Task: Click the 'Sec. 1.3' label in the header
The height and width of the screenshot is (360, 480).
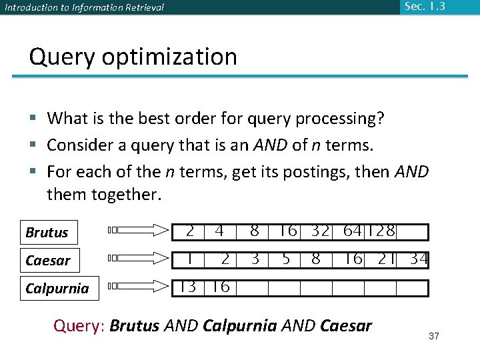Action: [x=423, y=7]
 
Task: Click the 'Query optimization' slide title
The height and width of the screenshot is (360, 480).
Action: [x=133, y=57]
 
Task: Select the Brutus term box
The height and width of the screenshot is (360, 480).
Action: [x=49, y=233]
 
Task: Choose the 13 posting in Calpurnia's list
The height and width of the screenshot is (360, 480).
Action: [x=188, y=287]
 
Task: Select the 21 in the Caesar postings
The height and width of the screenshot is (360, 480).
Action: [x=387, y=259]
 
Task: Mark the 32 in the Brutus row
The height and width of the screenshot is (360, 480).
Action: [x=320, y=231]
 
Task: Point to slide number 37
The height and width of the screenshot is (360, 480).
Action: [x=434, y=336]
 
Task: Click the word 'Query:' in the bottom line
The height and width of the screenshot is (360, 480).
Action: [x=79, y=326]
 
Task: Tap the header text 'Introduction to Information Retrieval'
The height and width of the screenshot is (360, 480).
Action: [x=84, y=8]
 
